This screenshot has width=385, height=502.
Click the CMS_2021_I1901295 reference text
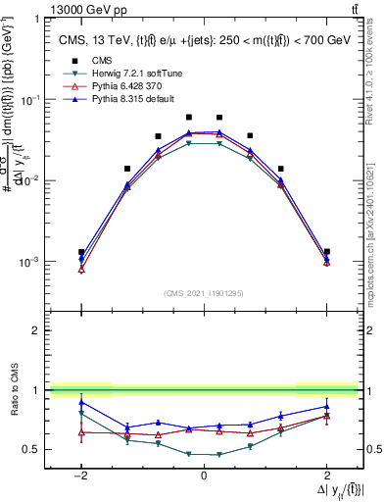coord(203,293)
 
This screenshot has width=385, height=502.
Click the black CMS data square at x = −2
coord(81,252)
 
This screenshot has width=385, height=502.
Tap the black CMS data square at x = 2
coord(326,252)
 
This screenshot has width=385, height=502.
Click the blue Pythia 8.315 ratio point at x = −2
coord(81,402)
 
